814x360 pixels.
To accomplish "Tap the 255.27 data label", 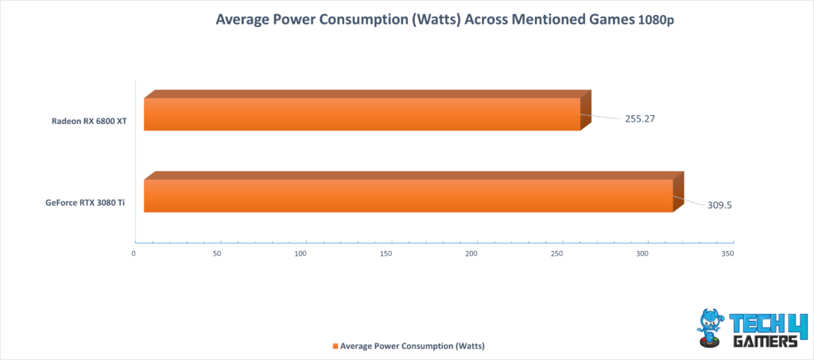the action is (x=638, y=118).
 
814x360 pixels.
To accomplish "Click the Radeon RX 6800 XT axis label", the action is (x=89, y=122).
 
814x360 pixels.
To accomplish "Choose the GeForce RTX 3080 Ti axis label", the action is (x=86, y=203).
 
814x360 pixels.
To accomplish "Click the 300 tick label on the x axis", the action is (x=642, y=254).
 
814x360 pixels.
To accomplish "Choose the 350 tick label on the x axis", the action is (x=728, y=254).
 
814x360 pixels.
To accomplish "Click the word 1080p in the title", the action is (x=655, y=21).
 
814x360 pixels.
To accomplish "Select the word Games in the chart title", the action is (x=613, y=20).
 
